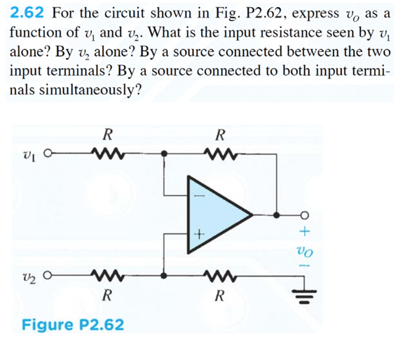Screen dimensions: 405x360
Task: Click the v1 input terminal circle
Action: (48, 153)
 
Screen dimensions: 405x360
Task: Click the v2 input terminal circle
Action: (48, 275)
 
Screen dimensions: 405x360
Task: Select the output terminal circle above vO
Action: (305, 215)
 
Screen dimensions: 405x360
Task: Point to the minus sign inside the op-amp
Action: (199, 195)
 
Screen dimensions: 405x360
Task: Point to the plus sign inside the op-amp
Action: (199, 235)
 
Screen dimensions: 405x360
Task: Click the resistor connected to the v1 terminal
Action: (108, 153)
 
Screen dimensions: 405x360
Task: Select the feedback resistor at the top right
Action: (220, 153)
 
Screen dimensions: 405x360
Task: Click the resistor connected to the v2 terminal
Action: (108, 275)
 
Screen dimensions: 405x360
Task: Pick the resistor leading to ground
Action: (220, 275)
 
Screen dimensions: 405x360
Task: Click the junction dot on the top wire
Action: (164, 153)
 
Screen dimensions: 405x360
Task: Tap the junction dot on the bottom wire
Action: (164, 275)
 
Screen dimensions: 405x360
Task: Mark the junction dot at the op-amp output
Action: (276, 215)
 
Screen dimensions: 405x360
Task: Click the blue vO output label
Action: (305, 251)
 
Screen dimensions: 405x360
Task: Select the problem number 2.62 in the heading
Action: (27, 13)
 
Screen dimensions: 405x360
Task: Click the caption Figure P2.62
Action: (73, 324)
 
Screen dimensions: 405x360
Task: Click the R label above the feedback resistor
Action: (220, 135)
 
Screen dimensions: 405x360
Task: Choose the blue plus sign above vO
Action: (305, 231)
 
